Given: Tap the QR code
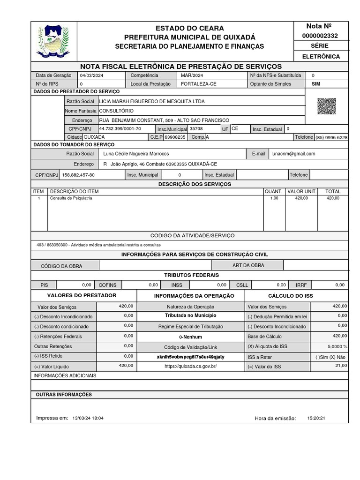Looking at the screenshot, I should (326, 106).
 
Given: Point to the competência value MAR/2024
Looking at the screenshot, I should (192, 75).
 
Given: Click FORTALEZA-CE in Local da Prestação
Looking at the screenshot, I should (199, 84).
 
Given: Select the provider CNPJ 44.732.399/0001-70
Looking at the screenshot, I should (120, 128).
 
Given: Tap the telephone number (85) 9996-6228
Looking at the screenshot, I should (331, 137).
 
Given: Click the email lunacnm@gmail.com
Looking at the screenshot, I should (293, 154).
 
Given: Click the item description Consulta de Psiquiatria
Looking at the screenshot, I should (71, 198).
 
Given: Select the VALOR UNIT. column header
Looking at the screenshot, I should (302, 191).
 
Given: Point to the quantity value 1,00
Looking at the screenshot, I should (274, 198).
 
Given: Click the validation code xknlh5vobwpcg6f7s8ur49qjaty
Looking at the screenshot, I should (190, 357).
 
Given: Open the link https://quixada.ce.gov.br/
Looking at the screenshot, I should (190, 366).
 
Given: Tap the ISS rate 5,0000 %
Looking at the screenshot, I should (337, 347).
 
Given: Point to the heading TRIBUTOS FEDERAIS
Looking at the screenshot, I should (191, 275).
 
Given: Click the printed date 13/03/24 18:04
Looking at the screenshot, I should (88, 418).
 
